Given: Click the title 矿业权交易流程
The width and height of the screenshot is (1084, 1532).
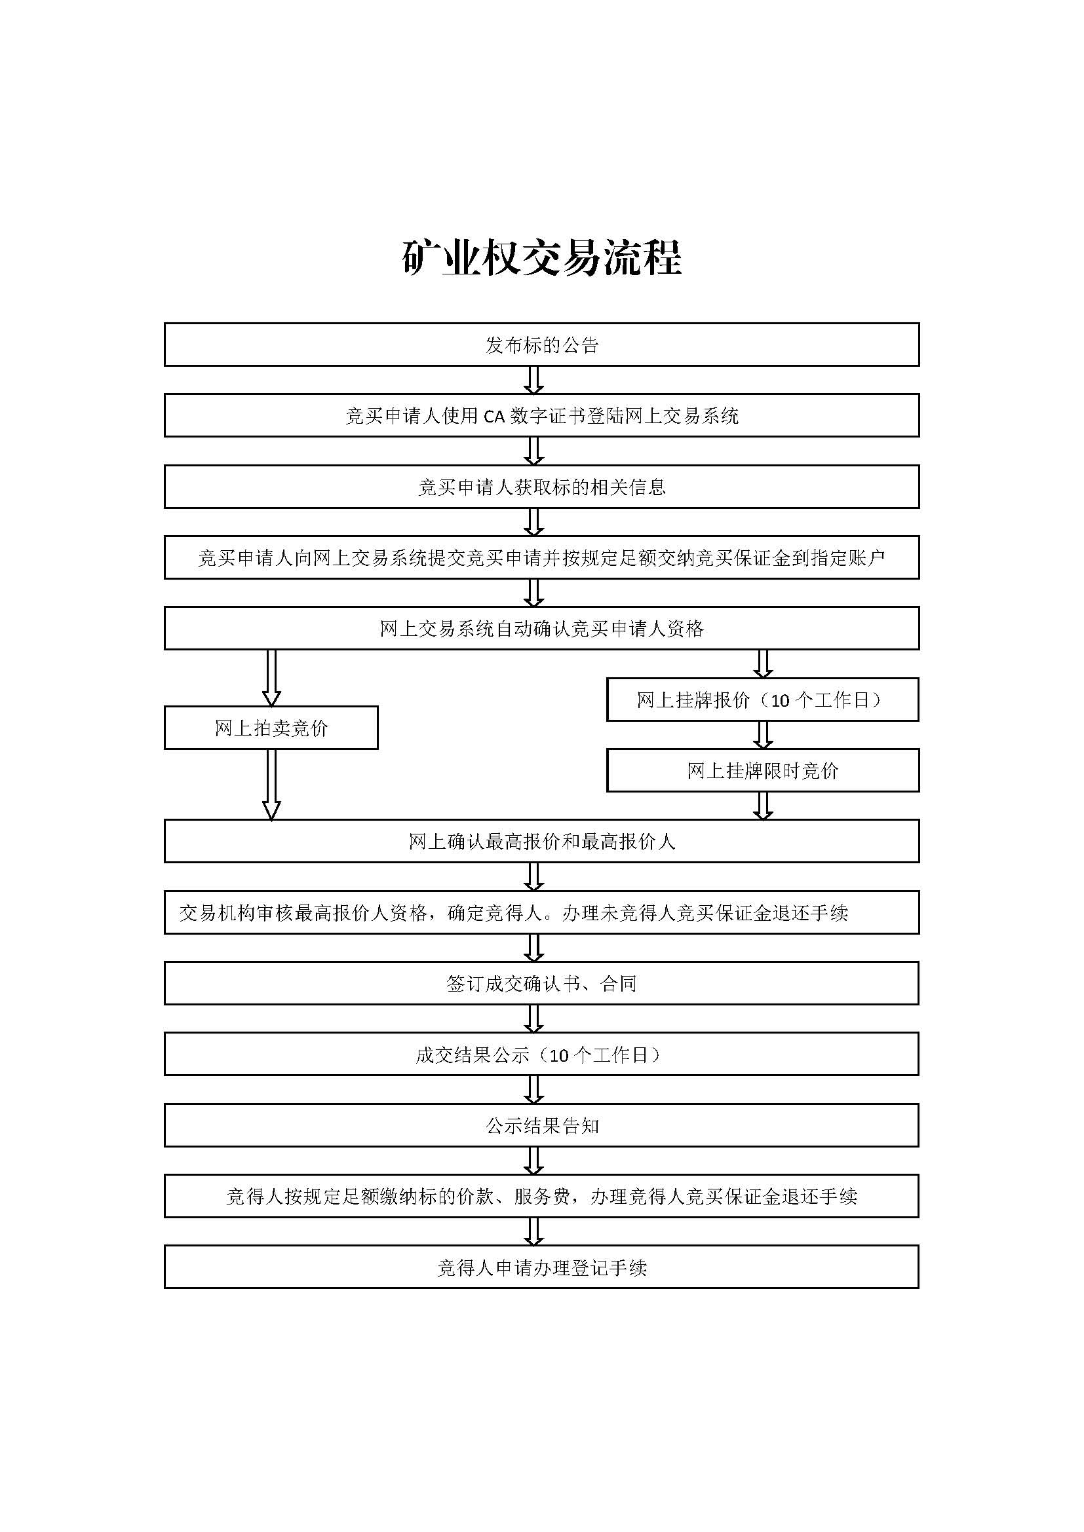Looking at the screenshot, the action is pyautogui.click(x=541, y=257).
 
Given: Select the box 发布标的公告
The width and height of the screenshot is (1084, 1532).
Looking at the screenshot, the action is pyautogui.click(x=541, y=345).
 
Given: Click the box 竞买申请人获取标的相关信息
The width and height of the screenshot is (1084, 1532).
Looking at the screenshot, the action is pyautogui.click(x=541, y=487).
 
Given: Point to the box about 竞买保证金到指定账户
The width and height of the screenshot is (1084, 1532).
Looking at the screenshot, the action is pyautogui.click(x=541, y=557).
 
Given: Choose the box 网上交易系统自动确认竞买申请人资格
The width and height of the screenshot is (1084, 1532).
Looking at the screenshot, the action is pyautogui.click(x=541, y=628).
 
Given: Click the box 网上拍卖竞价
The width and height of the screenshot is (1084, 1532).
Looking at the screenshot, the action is pyautogui.click(x=271, y=727).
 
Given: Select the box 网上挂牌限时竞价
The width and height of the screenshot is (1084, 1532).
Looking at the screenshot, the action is pyautogui.click(x=762, y=770).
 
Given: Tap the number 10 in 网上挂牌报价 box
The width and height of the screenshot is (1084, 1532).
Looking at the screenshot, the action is pyautogui.click(x=780, y=701).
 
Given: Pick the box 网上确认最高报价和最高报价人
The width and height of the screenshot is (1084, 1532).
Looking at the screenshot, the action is pyautogui.click(x=541, y=841).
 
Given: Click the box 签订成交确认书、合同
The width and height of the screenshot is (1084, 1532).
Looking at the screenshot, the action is pyautogui.click(x=541, y=983).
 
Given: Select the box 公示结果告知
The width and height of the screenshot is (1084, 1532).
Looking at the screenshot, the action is pyautogui.click(x=541, y=1125).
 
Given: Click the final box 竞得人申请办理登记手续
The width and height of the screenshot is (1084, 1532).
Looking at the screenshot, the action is pyautogui.click(x=541, y=1267).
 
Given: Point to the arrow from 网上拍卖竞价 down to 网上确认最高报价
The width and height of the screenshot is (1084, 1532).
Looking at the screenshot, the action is pyautogui.click(x=271, y=785).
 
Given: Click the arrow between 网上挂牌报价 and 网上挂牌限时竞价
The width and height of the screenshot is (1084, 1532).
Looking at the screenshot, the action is pyautogui.click(x=762, y=735).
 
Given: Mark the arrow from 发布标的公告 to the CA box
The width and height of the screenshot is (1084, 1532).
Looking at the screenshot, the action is pyautogui.click(x=533, y=380).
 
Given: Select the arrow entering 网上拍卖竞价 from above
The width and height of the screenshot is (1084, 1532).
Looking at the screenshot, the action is pyautogui.click(x=271, y=678).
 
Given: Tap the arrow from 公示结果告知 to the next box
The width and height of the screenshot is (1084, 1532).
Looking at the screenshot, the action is pyautogui.click(x=533, y=1161).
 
